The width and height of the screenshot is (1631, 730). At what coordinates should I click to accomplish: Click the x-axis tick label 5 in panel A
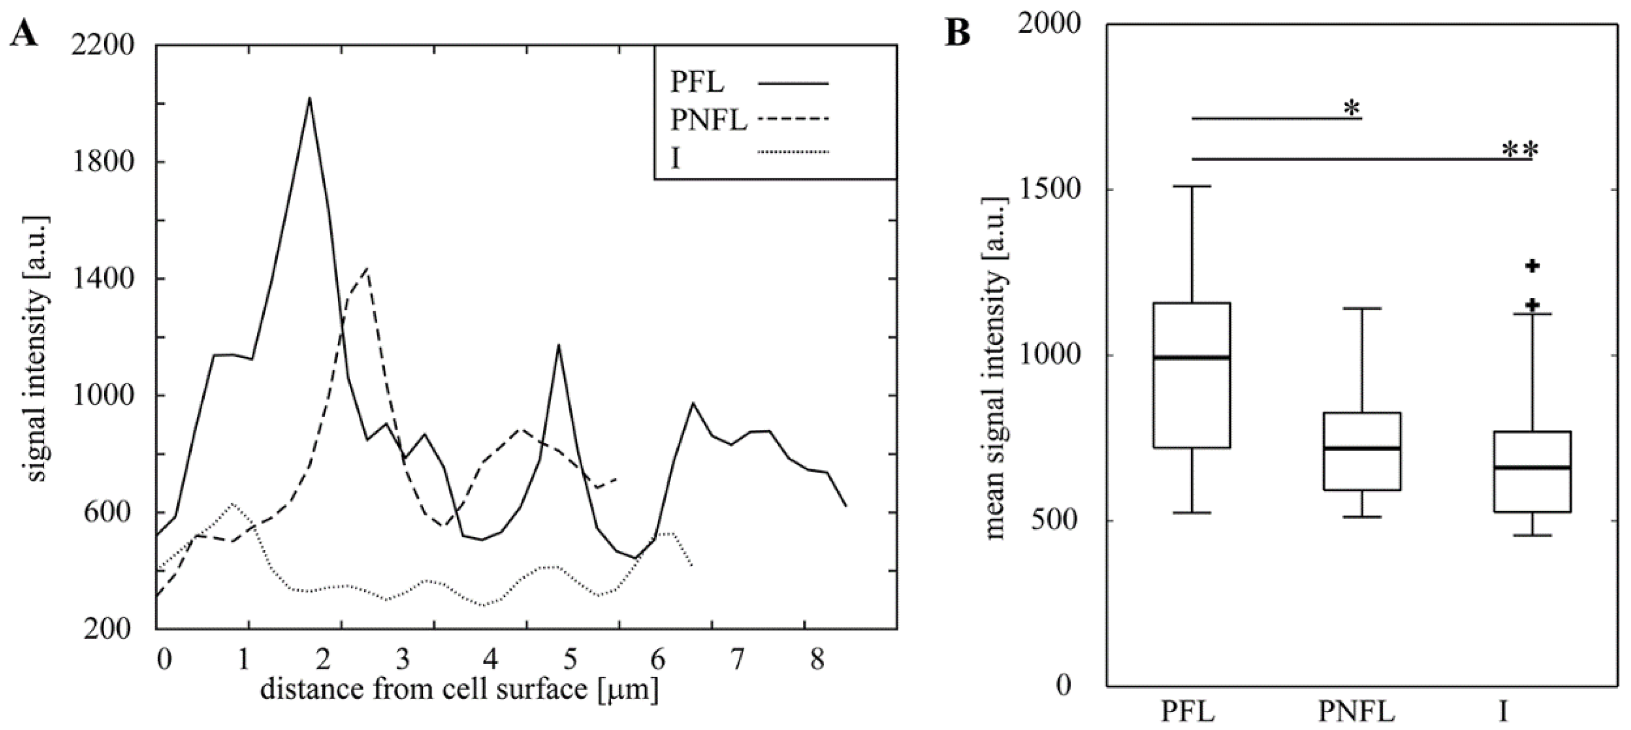[570, 660]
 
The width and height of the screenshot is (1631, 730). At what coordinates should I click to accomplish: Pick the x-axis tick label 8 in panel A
[817, 660]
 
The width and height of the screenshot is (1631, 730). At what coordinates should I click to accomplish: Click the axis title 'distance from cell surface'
[459, 689]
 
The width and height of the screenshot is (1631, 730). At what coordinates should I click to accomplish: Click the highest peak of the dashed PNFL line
[367, 269]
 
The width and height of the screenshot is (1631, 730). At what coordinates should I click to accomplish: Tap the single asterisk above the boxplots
[1352, 109]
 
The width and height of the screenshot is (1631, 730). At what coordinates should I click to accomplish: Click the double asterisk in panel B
[1520, 151]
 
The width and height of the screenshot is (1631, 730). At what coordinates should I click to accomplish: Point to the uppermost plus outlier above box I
[1532, 266]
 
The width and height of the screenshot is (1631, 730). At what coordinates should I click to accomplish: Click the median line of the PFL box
[1191, 358]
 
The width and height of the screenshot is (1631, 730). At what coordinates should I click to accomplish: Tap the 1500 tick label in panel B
[1047, 189]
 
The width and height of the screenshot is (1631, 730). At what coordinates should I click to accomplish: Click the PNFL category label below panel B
[1357, 712]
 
